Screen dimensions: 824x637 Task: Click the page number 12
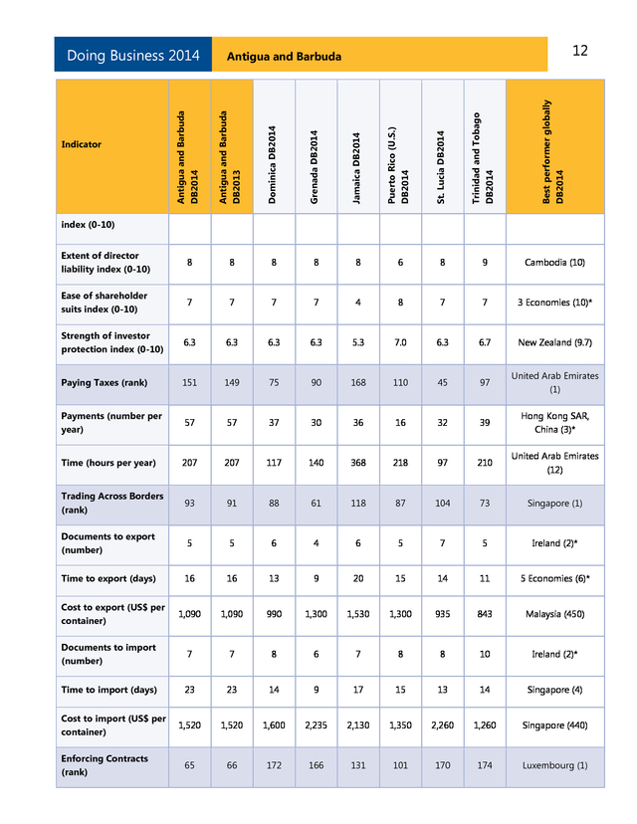pos(580,51)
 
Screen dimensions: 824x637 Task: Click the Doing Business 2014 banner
pos(133,56)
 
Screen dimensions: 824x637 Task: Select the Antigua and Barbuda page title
pos(285,57)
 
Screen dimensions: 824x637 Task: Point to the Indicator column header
pos(82,144)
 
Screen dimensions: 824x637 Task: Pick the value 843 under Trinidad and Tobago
pos(485,614)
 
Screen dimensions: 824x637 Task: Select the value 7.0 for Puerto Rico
pos(400,342)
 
